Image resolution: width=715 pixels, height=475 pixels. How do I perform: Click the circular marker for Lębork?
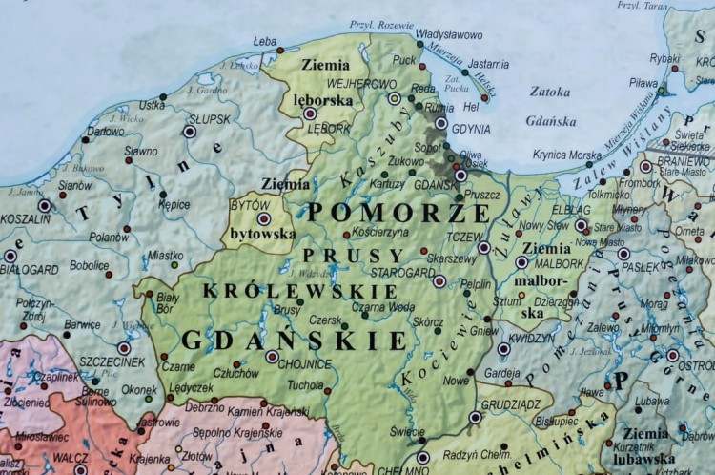pos(310,113)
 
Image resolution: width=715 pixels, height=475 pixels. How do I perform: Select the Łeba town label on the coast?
pos(265,41)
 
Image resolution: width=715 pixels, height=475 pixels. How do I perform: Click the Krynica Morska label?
pos(567,155)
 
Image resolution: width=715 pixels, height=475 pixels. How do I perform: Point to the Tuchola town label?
pos(305,386)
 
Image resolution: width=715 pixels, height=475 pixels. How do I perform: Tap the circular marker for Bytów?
pos(264,218)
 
